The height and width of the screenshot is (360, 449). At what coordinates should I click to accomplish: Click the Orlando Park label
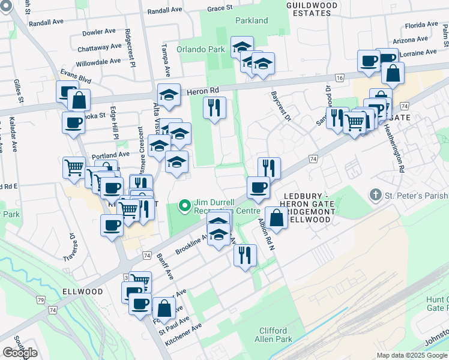pos(200,49)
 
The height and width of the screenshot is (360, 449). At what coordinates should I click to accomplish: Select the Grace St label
pos(219,8)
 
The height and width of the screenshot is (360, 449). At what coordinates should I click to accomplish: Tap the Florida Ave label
pos(421,26)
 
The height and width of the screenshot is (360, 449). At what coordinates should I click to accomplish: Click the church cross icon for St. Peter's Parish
pos(375,195)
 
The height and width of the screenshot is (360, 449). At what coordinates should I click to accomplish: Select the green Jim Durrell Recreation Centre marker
pos(184,207)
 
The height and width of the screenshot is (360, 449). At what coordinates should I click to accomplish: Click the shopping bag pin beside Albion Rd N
pos(276,219)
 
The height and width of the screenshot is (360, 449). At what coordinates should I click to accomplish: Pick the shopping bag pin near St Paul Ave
pos(164,308)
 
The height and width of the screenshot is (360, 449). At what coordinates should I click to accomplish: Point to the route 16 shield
pos(340,78)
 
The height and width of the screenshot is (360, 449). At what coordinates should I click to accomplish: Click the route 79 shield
pos(40,299)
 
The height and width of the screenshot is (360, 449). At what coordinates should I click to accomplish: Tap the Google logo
pos(20,352)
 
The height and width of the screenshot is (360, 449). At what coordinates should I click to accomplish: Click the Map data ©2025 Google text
pos(412,355)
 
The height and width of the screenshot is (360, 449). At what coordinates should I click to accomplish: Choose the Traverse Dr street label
pos(68,247)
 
